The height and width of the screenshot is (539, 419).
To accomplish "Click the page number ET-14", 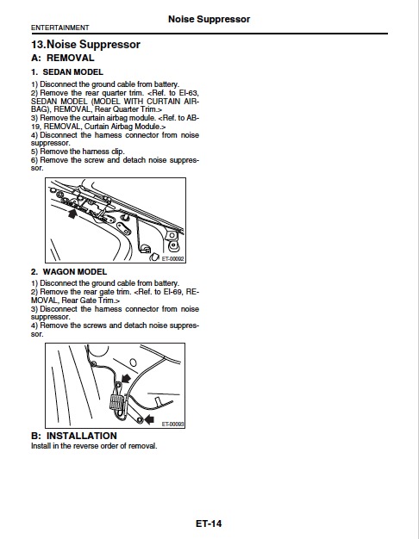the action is pos(209,524).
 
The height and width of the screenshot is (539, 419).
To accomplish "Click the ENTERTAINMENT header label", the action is pos(59,28).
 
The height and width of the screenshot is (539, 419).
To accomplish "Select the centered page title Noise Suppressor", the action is pos(209,19).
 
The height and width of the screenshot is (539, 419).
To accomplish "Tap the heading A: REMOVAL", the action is pos(63,58).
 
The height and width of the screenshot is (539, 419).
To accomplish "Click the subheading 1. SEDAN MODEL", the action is pos(67,71).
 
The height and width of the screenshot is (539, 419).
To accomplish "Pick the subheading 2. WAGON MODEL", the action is pos(69,271).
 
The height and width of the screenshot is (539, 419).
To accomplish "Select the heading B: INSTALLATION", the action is pos(74,436).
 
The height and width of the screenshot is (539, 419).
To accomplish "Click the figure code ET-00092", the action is pos(172,258).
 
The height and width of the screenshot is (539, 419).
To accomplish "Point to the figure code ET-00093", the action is pos(172,424).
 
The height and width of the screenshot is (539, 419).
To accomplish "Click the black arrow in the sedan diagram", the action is pos(72,214).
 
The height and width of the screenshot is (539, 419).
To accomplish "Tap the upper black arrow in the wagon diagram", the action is pos(126,379).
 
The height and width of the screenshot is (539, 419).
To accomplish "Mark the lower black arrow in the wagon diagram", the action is pos(149,419).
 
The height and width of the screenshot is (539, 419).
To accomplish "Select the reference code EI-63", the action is pos(189,93).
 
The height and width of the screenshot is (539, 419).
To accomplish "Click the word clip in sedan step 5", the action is pos(118,152).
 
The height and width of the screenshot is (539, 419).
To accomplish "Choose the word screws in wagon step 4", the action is pos(95,325).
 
